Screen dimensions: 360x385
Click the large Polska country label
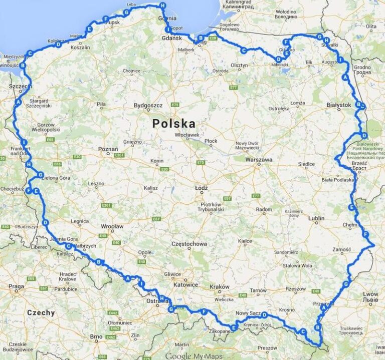coord(174,123)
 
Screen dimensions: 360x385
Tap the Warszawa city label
coord(259,160)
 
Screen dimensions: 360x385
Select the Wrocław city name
coord(111,226)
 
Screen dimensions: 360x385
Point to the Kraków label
coord(220,287)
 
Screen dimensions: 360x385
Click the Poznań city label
coord(108,149)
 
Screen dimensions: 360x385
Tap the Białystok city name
coord(338,105)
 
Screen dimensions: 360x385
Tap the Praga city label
coord(16,287)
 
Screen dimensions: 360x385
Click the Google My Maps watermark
coord(194,356)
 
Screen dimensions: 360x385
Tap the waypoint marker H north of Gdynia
coord(162,6)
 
